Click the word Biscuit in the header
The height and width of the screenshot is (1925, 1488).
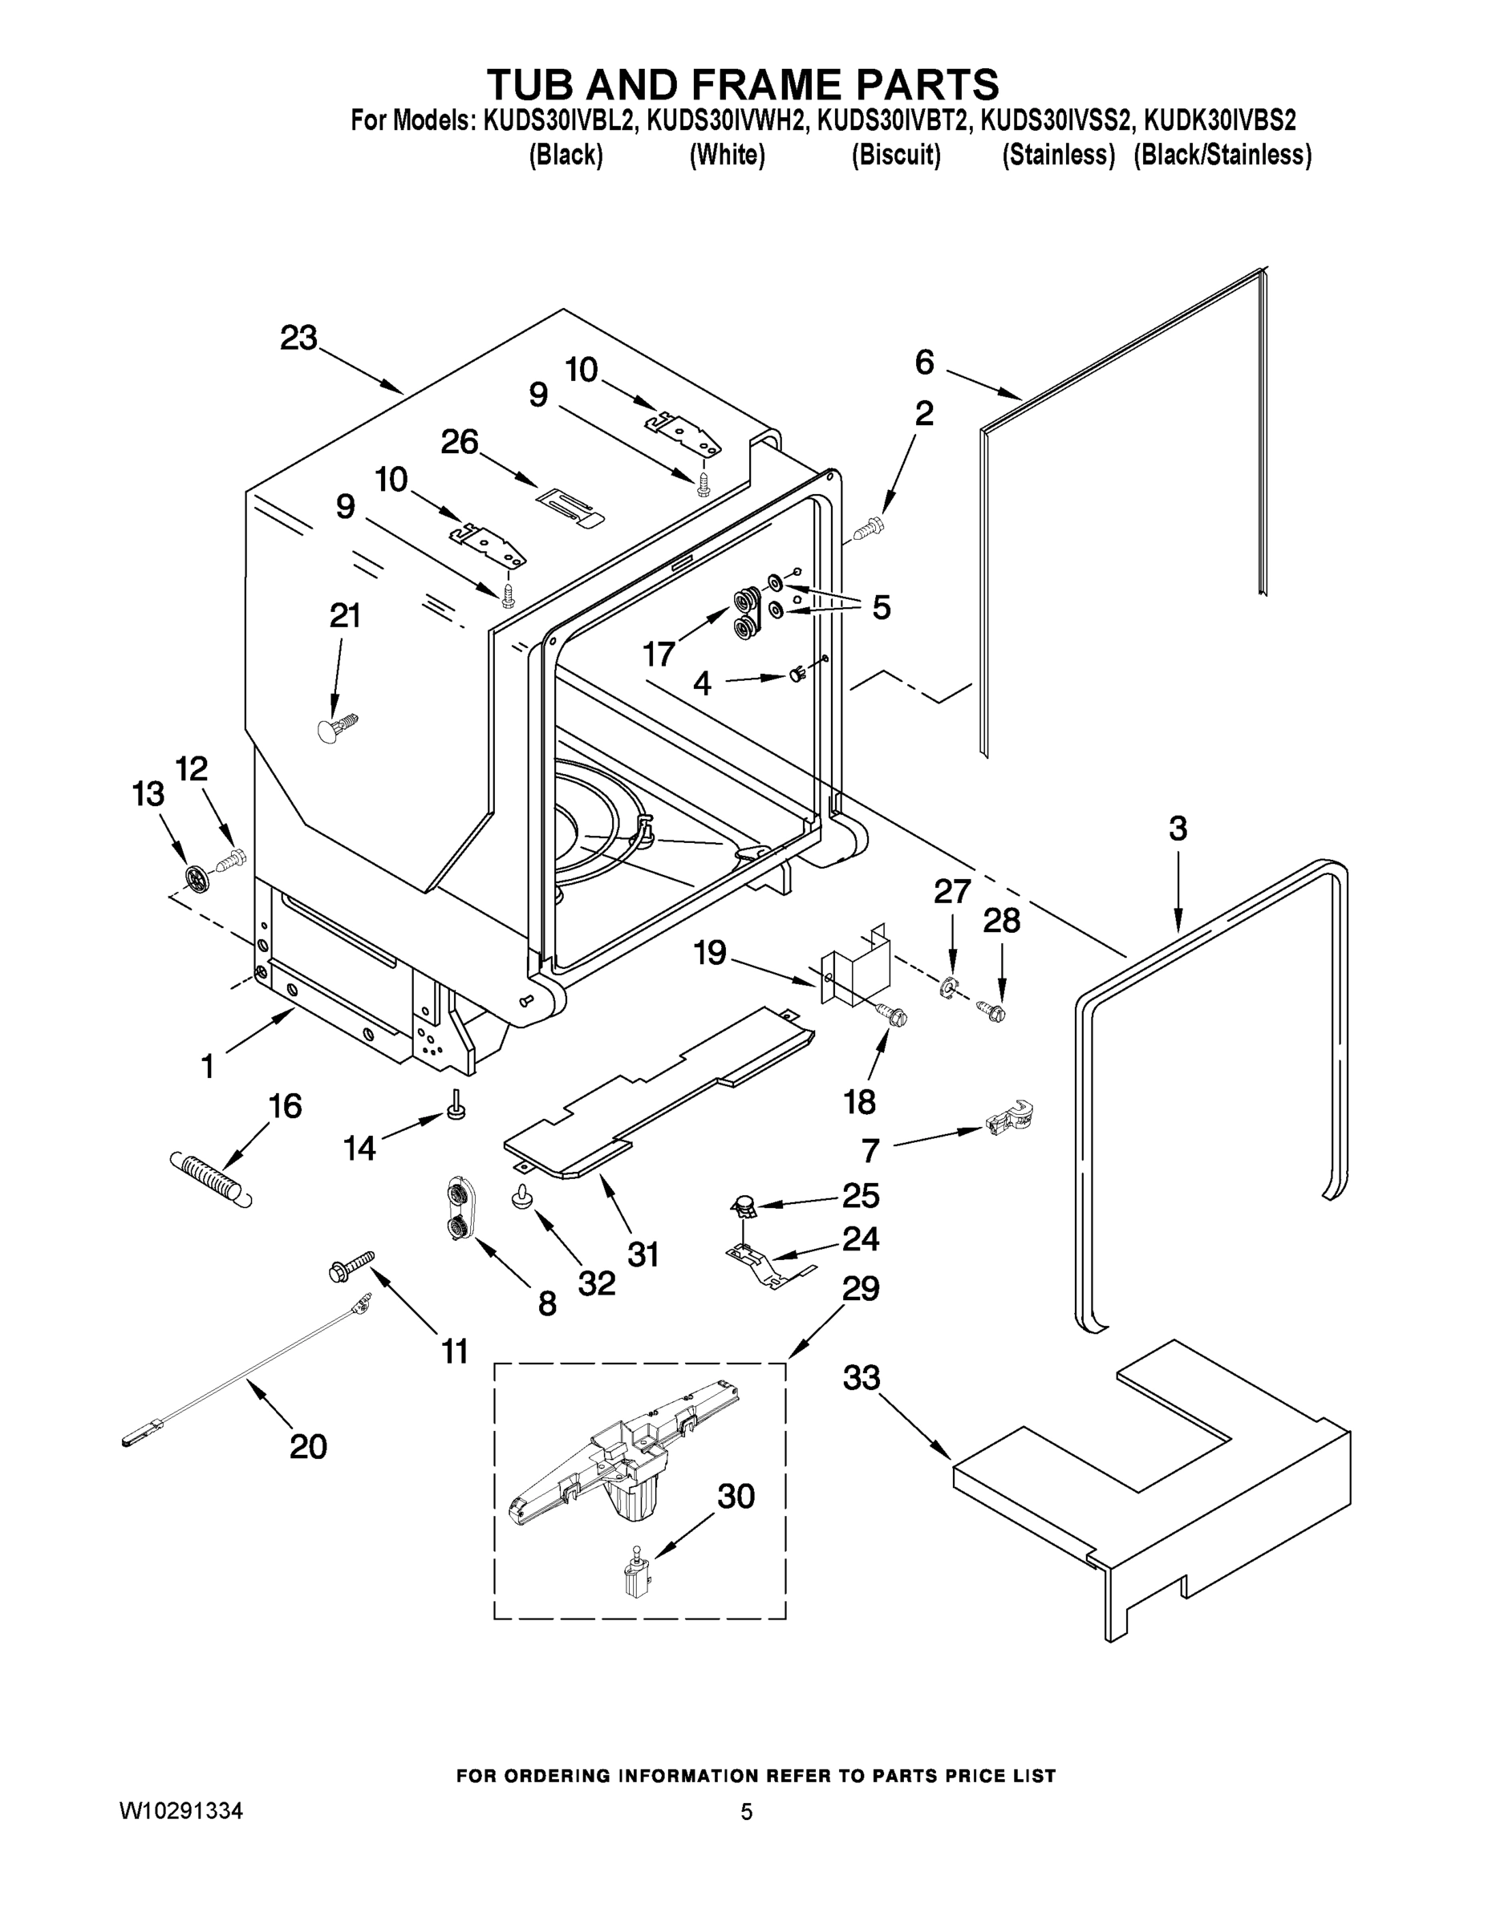(896, 155)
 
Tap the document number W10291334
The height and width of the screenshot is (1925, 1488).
(180, 1811)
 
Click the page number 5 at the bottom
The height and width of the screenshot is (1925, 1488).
(747, 1812)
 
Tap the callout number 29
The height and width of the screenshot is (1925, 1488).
(861, 1289)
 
